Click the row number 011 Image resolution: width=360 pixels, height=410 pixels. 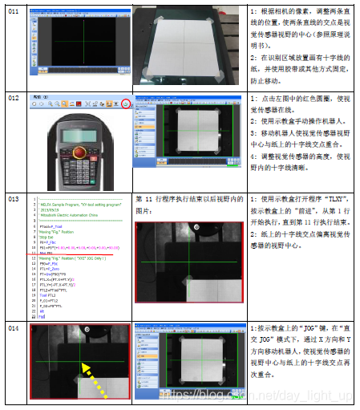13,11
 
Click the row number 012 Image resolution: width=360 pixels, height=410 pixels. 13,99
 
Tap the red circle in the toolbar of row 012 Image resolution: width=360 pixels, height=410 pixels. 126,104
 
